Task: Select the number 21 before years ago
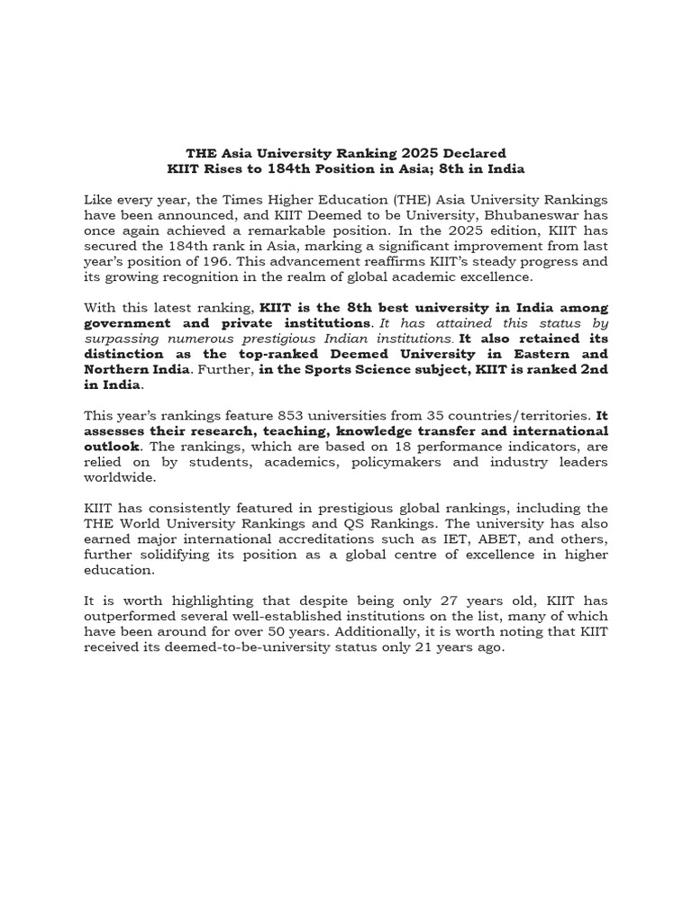(432, 646)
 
